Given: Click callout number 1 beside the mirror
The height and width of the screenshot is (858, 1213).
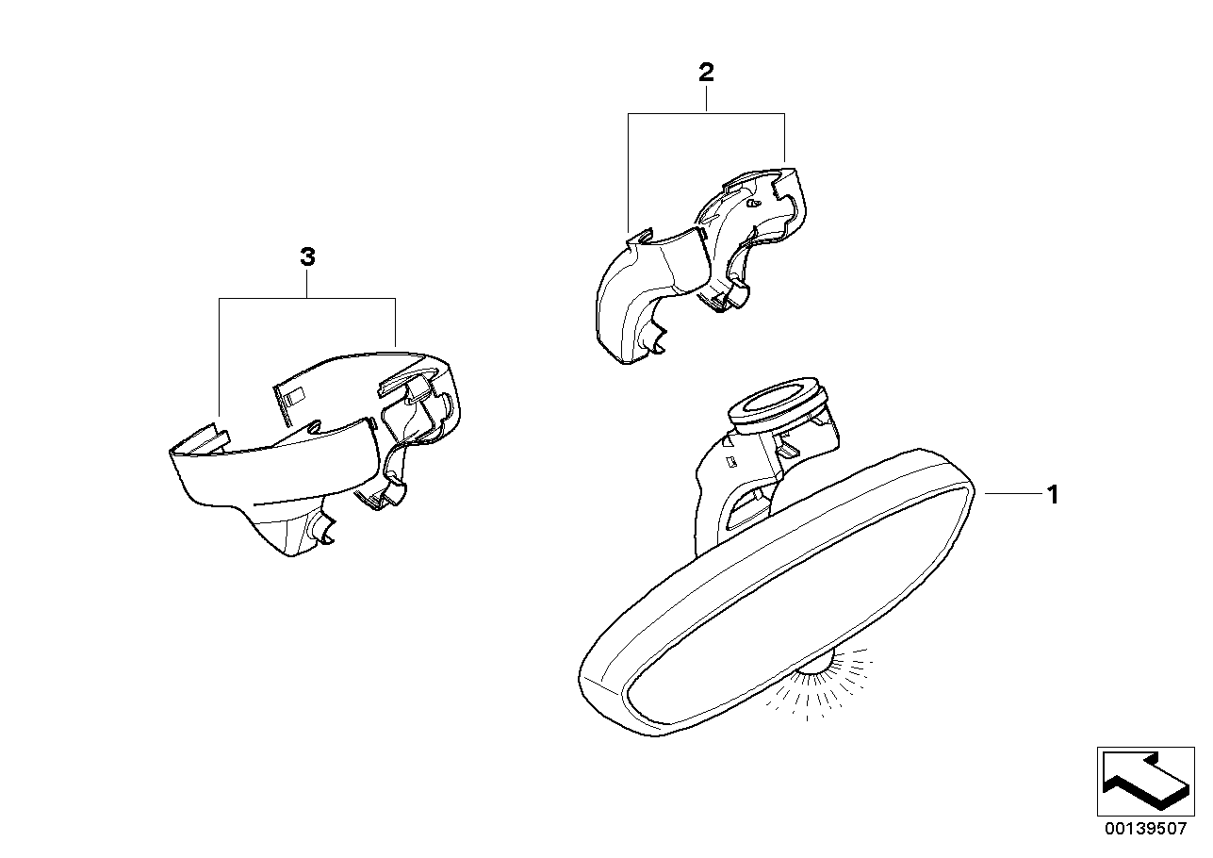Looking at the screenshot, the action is click(1053, 495).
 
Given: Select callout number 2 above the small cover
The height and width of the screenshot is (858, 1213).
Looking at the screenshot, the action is click(706, 73).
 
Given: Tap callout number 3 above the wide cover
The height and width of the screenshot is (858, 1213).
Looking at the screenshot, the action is click(307, 257).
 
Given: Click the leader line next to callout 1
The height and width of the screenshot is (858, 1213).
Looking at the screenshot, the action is click(1013, 493).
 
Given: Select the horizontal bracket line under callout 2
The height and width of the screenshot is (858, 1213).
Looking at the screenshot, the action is click(706, 114).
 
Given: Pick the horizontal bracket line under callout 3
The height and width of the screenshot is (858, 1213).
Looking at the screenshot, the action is click(307, 299).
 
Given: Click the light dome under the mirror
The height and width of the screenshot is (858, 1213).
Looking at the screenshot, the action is click(815, 670).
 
